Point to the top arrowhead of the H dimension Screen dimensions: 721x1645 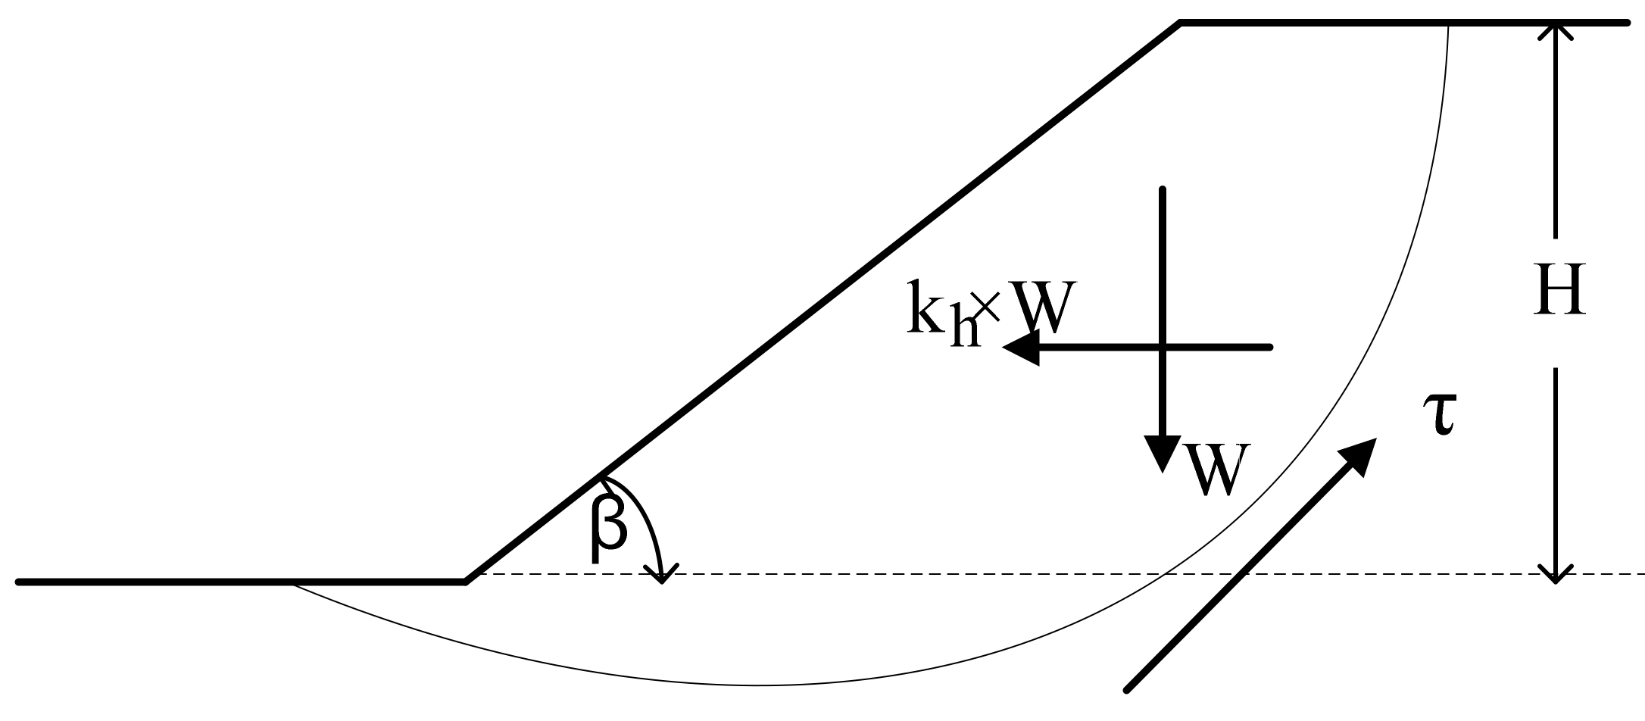click(1556, 32)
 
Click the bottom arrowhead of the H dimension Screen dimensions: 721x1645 click(1556, 573)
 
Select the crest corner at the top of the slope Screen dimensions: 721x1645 click(1181, 24)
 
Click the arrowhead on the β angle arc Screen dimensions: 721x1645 click(663, 575)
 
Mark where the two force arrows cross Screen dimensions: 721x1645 click(1163, 348)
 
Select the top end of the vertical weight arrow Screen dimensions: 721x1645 click(1163, 189)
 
